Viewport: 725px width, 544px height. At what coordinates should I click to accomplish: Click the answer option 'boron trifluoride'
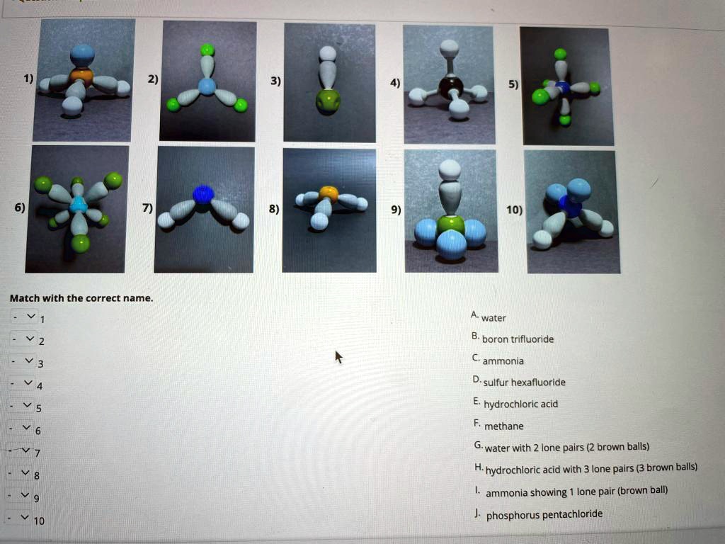tap(517, 339)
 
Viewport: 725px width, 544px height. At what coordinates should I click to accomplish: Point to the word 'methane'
tap(503, 426)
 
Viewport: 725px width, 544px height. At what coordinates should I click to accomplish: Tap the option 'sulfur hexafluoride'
tap(523, 382)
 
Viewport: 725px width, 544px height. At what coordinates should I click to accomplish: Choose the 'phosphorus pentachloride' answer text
tap(544, 514)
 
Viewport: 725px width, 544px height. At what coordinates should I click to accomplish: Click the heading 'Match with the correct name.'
tap(81, 298)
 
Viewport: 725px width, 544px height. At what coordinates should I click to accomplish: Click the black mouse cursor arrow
tap(338, 356)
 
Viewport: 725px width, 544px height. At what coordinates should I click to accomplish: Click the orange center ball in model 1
tap(81, 75)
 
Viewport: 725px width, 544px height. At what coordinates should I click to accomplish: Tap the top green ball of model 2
tap(207, 50)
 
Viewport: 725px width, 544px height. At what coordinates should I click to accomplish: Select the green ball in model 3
tap(328, 101)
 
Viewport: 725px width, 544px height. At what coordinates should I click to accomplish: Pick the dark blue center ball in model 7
tap(203, 195)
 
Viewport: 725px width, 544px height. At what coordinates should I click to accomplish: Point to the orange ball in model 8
tap(328, 193)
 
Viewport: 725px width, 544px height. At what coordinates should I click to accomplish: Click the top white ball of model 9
tap(450, 170)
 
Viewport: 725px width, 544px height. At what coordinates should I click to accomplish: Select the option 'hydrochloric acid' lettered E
tap(520, 404)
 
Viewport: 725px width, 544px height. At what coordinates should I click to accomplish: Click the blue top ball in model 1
tap(82, 55)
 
